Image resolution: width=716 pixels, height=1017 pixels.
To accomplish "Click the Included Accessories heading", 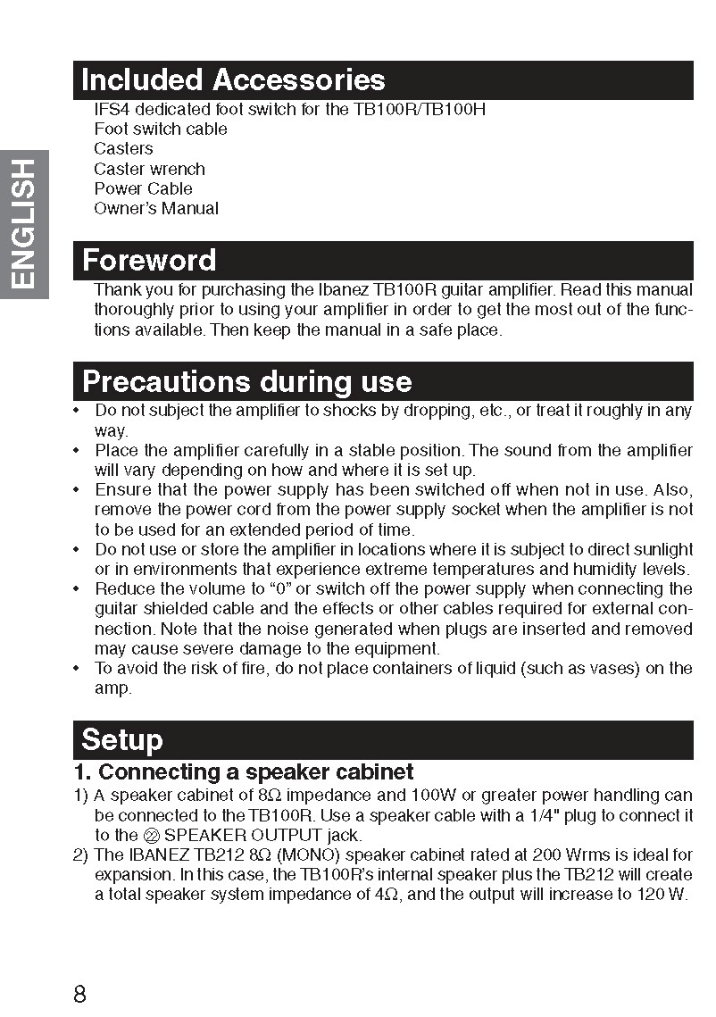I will click(x=233, y=80).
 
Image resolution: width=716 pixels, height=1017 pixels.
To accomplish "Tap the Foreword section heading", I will click(x=149, y=261).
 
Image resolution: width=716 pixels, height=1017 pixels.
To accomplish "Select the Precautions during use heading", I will click(x=246, y=382).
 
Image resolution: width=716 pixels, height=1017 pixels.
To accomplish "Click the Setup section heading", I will click(x=122, y=739).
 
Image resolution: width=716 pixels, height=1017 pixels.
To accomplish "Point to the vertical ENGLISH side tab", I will click(x=24, y=224).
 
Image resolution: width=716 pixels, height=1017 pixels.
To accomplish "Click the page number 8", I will click(x=79, y=994).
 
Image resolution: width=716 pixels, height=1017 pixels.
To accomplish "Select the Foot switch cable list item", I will click(x=161, y=129).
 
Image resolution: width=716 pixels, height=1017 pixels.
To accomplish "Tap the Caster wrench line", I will click(x=149, y=169).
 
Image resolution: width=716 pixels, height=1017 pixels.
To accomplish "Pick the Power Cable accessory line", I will click(x=143, y=188).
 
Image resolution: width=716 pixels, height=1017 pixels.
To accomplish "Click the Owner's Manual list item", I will click(x=156, y=209).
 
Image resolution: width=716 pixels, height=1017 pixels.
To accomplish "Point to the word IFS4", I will click(x=112, y=110).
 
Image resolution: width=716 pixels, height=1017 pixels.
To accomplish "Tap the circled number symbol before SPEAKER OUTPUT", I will click(x=151, y=836).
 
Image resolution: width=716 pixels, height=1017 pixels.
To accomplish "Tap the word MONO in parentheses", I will click(x=311, y=854).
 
